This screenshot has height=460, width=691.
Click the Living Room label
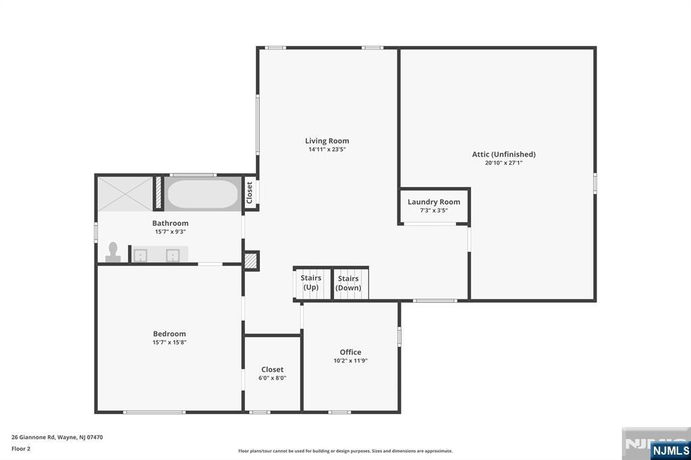(x=327, y=141)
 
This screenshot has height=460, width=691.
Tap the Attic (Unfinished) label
(x=503, y=154)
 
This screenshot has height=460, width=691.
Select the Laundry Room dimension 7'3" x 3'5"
(x=433, y=210)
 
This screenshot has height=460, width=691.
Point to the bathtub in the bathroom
(x=202, y=194)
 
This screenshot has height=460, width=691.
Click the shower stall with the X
(x=126, y=194)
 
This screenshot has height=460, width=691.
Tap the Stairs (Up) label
(x=310, y=283)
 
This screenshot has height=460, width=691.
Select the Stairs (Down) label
(x=348, y=283)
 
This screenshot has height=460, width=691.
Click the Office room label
(x=350, y=352)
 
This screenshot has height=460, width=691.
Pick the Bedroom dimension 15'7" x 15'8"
(x=169, y=343)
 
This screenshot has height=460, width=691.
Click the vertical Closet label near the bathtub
(x=249, y=192)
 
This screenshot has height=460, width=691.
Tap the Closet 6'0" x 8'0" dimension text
(x=272, y=378)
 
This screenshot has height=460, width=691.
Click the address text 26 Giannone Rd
(x=57, y=437)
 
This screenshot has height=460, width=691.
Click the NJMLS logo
(x=669, y=450)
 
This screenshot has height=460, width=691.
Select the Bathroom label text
(x=170, y=223)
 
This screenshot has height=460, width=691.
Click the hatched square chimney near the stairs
(x=251, y=261)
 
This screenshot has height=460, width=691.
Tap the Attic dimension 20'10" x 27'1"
(x=503, y=163)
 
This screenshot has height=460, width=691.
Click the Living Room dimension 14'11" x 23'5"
(x=327, y=150)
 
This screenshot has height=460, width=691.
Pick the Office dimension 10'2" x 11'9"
(x=350, y=361)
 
